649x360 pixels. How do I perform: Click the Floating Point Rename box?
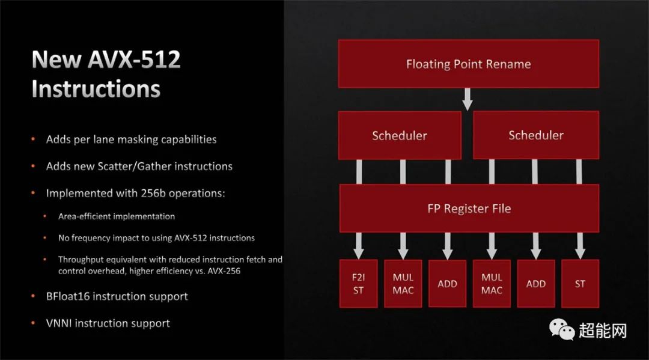coord(468,64)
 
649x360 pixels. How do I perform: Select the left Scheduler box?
coord(399,135)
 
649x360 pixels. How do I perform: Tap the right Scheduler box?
coord(536,135)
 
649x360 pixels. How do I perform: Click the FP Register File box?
coord(468,209)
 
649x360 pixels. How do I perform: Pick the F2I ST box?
coord(358,284)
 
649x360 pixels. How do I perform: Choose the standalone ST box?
coord(580,284)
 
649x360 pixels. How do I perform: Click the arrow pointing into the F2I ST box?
coord(359,245)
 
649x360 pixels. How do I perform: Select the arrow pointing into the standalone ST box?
coord(580,245)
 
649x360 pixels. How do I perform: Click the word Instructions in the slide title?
coord(96,89)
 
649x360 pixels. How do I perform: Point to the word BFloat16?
coord(68,296)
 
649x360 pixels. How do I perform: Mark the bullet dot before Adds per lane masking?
coord(33,139)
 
